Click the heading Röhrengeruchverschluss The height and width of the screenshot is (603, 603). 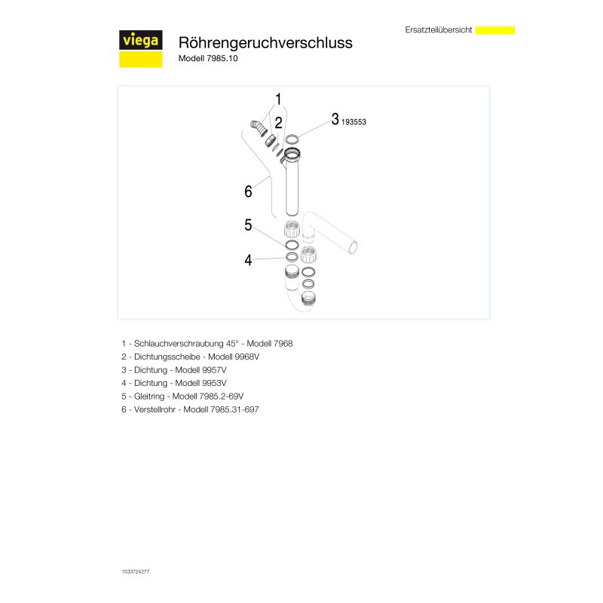pos(265,43)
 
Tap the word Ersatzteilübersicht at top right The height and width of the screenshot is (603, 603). pos(439,30)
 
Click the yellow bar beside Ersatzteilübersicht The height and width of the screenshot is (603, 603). pos(495,30)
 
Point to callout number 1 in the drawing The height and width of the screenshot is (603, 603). pos(278,99)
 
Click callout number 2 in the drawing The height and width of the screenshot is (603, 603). pos(278,122)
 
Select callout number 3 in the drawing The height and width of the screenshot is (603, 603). pos(335,119)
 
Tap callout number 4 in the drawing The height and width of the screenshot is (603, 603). pos(247,260)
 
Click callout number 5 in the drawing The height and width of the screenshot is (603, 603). pos(247,225)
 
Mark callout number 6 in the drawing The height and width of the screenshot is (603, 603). pos(248,191)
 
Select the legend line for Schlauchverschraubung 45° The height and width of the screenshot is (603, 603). pos(206,343)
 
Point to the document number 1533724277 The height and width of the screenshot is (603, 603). pos(135,572)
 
